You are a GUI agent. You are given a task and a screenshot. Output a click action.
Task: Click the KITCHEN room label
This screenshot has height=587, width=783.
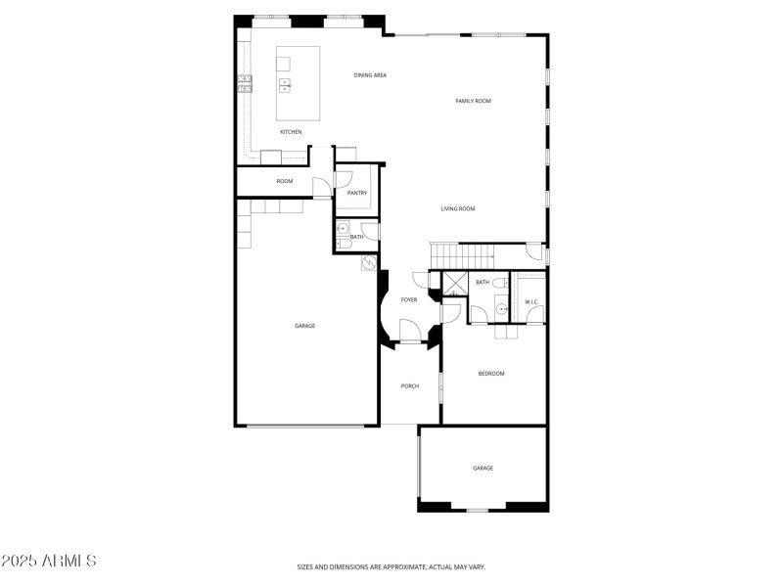tap(291, 132)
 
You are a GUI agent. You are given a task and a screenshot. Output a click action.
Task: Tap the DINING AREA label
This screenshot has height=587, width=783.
tap(370, 75)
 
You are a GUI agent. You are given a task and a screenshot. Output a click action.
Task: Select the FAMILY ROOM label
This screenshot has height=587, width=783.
tap(473, 101)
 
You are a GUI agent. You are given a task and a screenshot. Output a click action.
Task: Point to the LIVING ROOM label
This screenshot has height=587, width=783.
tap(457, 208)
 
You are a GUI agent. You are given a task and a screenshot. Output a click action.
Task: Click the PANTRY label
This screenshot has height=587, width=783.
tap(356, 193)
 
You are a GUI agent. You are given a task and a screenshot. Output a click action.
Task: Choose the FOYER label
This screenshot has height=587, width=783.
tap(409, 299)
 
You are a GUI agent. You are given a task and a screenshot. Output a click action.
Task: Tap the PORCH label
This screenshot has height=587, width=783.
tap(410, 386)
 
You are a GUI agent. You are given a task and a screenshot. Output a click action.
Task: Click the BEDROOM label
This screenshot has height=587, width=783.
tap(491, 374)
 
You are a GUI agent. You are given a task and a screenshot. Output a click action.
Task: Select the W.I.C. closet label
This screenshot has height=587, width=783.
tap(531, 301)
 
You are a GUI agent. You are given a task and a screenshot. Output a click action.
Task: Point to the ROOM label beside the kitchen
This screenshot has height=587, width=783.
tap(284, 181)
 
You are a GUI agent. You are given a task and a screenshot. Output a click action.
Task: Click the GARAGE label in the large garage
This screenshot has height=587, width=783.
tap(305, 326)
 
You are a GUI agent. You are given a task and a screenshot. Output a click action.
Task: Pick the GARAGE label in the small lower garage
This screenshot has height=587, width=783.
tap(483, 469)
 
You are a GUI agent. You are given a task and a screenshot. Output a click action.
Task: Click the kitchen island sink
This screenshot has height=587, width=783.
tap(285, 85)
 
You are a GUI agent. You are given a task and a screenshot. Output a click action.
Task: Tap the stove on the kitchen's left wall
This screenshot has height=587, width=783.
tap(244, 85)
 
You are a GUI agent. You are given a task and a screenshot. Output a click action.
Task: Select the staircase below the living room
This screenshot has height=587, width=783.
tap(465, 254)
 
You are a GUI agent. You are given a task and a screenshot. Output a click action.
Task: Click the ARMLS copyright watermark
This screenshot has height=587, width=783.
tap(49, 561)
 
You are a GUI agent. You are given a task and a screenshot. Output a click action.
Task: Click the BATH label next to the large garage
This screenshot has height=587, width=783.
tap(357, 237)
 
